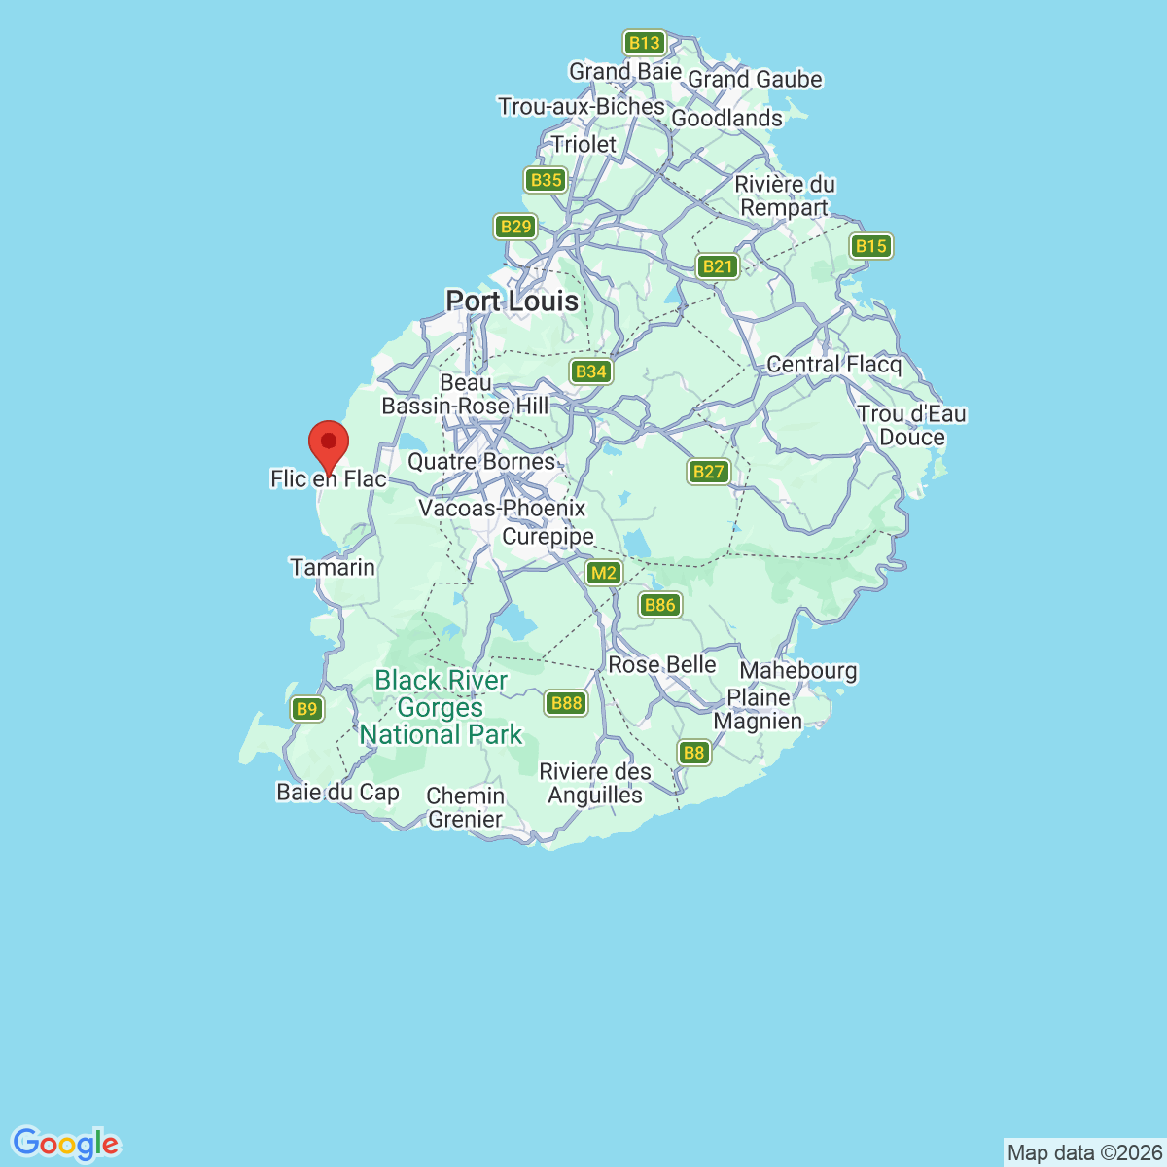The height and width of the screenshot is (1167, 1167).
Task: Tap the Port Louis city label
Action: click(512, 301)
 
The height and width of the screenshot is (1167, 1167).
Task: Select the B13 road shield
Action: click(644, 43)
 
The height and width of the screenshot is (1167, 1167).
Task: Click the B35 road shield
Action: click(547, 180)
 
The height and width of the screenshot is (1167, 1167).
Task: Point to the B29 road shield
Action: click(515, 227)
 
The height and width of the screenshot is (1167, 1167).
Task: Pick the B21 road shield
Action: click(718, 266)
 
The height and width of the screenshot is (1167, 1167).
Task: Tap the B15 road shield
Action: click(870, 246)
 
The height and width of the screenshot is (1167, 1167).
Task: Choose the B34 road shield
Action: click(590, 371)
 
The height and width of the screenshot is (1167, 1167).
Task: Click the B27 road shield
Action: click(708, 472)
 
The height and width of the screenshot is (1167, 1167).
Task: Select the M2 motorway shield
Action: click(604, 573)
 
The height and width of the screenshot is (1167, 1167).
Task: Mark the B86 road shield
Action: click(659, 605)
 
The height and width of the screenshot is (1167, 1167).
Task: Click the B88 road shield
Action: click(566, 703)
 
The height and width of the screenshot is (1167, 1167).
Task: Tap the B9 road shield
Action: click(307, 709)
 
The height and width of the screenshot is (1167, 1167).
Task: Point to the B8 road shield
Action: click(693, 752)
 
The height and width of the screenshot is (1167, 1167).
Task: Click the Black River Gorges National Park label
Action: click(442, 708)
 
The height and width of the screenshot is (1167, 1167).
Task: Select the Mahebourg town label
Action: click(798, 670)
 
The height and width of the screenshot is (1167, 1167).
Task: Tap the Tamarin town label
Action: click(333, 567)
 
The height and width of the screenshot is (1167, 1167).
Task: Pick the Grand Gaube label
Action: click(755, 80)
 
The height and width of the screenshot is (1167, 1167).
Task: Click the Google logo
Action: click(65, 1145)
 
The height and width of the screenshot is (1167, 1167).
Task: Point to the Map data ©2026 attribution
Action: click(1083, 1152)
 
